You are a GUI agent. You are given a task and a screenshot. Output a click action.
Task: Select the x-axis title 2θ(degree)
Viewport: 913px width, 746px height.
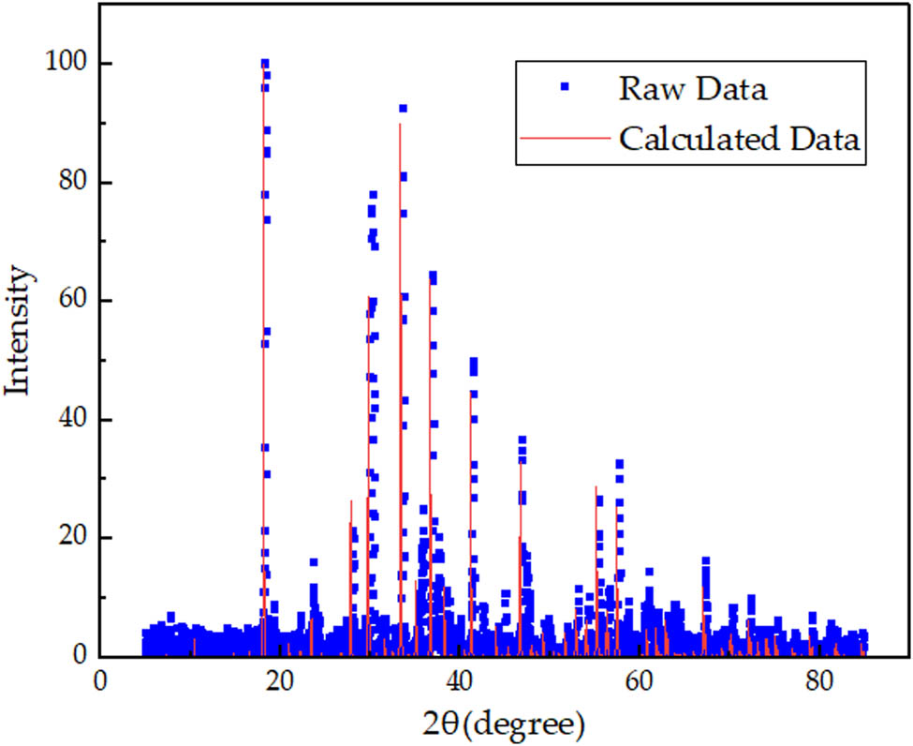click(502, 724)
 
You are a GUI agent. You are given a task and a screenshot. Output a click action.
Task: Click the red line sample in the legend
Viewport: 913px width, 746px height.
click(565, 139)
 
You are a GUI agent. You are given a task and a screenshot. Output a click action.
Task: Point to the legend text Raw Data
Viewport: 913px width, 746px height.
click(692, 89)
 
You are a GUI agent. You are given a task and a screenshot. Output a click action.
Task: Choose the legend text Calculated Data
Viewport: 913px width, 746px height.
click(738, 139)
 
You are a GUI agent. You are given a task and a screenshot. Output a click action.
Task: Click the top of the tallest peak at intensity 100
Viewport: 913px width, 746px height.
click(265, 64)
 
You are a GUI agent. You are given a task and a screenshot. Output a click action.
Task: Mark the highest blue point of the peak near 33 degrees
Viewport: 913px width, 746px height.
click(403, 109)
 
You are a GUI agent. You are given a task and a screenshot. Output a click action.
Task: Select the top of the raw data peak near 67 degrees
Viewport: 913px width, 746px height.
click(705, 560)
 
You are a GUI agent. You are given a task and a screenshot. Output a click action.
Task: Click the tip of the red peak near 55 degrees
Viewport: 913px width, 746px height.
click(596, 486)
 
